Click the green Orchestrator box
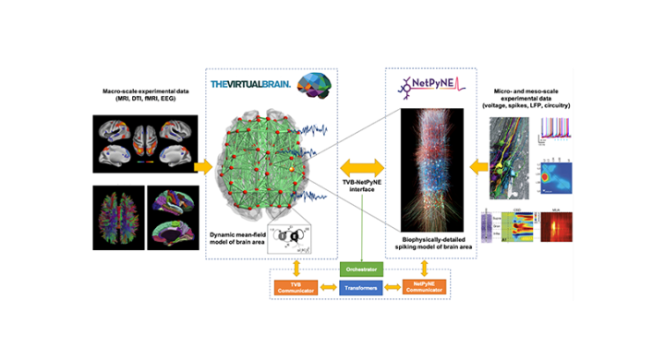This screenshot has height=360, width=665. coord(362,269)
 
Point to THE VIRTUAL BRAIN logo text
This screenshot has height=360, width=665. coord(252,85)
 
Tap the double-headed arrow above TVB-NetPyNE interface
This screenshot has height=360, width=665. coord(362,167)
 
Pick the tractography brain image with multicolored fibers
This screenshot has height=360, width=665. coord(120,218)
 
